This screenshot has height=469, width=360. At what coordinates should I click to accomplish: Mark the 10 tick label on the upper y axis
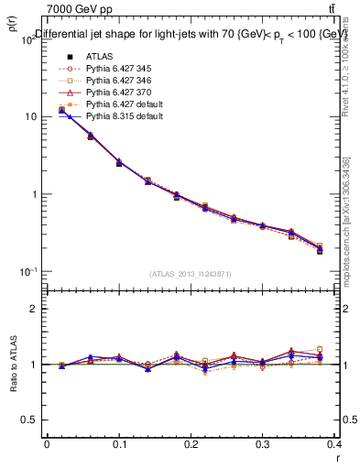tap(29, 117)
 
